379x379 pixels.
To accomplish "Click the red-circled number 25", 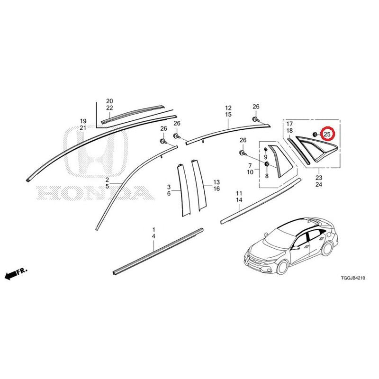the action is click(x=327, y=135).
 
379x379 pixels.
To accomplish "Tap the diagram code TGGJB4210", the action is click(x=353, y=278).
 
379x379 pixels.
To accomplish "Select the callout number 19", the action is click(x=83, y=121).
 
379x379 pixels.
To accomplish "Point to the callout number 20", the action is click(x=109, y=101).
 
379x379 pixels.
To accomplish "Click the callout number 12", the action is click(x=228, y=108).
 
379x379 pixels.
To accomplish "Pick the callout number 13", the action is click(x=217, y=182).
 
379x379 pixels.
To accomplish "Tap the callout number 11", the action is click(x=239, y=193).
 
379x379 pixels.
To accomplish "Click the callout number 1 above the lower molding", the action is click(x=153, y=229).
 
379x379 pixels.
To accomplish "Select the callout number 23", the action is click(x=319, y=178).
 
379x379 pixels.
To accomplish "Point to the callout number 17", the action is click(x=289, y=124).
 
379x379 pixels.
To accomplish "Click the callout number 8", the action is click(x=267, y=176).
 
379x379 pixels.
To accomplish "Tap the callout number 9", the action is click(x=266, y=157).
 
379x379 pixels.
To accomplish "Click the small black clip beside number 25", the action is click(x=315, y=134).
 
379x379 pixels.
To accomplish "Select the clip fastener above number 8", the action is click(x=267, y=164).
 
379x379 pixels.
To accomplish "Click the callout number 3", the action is click(x=169, y=187).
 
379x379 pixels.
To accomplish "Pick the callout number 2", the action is click(x=107, y=180).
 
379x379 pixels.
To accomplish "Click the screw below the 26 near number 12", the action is click(x=255, y=119).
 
